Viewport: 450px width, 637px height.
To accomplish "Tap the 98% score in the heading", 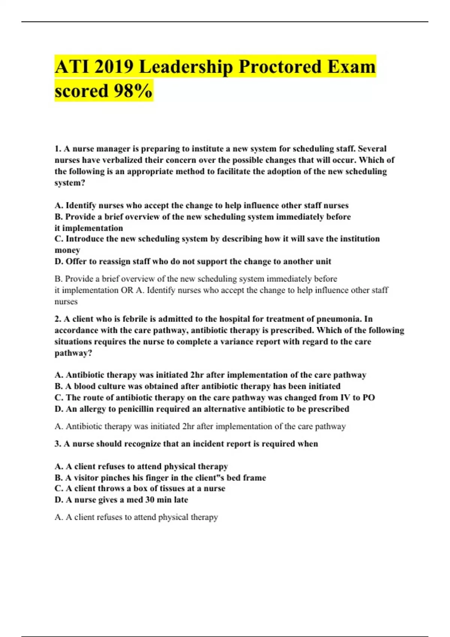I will pyautogui.click(x=132, y=91).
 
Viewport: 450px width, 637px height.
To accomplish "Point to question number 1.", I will pyautogui.click(x=58, y=149).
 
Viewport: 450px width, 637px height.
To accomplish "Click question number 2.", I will pyautogui.click(x=58, y=319).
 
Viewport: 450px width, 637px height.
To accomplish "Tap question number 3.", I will pyautogui.click(x=58, y=444).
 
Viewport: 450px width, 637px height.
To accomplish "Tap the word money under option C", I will pyautogui.click(x=67, y=250).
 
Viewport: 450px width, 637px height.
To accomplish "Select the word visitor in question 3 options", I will pyautogui.click(x=86, y=478).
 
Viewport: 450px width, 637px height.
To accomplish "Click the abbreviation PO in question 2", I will pyautogui.click(x=369, y=398).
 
